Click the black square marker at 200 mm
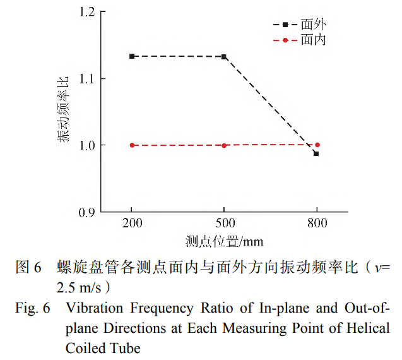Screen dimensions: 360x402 [x=132, y=56]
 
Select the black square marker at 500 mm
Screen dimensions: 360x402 [x=224, y=57]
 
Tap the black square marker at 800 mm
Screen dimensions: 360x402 [x=316, y=153]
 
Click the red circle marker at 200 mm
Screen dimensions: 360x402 [x=132, y=145]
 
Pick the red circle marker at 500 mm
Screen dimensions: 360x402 [x=224, y=145]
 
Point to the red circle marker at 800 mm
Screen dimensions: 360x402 [x=317, y=145]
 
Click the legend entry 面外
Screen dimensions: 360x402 [x=313, y=25]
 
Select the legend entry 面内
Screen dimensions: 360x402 [x=313, y=40]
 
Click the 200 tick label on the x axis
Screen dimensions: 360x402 [x=132, y=224]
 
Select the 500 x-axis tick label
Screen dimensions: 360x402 [x=224, y=224]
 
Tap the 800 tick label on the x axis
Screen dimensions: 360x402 [x=317, y=224]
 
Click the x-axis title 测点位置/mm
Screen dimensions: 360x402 [x=224, y=241]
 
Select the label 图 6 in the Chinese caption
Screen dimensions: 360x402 [x=28, y=267]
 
